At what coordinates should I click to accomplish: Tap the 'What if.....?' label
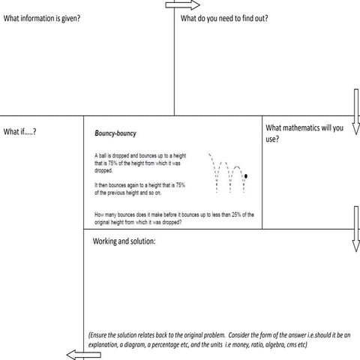(20, 132)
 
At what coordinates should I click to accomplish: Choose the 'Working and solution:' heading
(124, 241)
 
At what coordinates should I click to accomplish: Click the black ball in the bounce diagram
(247, 175)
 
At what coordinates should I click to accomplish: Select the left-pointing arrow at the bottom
(78, 355)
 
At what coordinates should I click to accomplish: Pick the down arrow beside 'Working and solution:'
(355, 247)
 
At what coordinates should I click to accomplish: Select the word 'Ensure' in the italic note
(100, 335)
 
